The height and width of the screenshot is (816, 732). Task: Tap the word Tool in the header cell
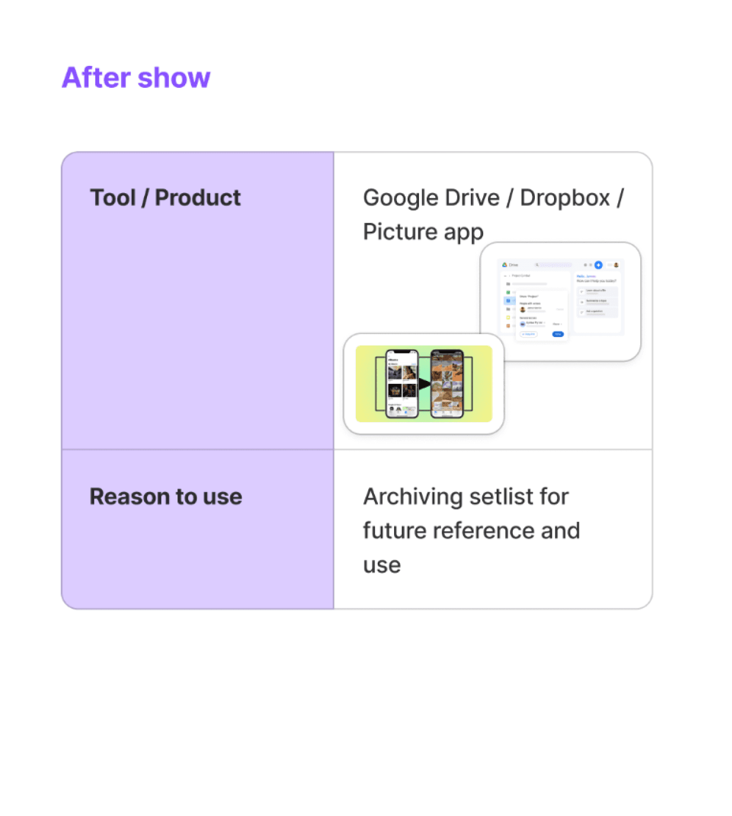pos(113,198)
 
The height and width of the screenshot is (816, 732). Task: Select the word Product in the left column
pos(198,198)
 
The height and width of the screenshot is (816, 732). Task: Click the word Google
pos(400,198)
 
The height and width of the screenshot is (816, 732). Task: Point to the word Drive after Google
pos(471,198)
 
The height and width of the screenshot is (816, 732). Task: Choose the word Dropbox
pos(565,198)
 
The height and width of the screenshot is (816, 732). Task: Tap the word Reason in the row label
pos(129,496)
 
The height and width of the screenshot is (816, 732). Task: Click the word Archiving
pos(413,497)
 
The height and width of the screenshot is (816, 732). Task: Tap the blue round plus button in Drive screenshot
pos(599,265)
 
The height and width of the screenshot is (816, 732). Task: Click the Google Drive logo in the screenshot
pos(505,265)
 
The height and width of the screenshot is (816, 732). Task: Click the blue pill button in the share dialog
pos(557,334)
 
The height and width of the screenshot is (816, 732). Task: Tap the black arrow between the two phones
pos(424,384)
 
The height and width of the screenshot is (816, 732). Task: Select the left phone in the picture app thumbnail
pos(401,384)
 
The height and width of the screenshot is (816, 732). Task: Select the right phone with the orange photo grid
pos(447,384)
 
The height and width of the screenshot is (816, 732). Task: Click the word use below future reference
pos(382,565)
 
